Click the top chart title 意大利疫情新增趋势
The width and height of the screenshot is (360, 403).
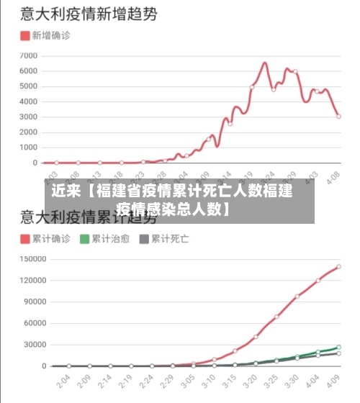point(90,14)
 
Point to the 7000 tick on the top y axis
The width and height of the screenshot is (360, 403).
point(28,55)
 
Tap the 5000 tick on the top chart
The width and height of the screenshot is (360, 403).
point(28,86)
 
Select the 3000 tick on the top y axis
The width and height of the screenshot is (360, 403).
point(28,117)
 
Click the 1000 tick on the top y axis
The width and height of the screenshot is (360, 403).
point(28,148)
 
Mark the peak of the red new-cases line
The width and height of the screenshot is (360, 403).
point(264,63)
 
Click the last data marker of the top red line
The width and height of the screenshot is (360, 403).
point(338,117)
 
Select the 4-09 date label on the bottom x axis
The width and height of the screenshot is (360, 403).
point(335,380)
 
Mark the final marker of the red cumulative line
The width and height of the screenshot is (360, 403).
point(338,267)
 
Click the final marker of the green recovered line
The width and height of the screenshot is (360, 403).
point(338,348)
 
